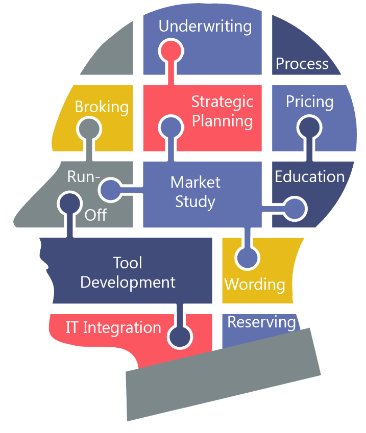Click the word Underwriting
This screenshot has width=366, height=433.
tap(205, 27)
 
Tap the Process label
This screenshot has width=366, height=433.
tap(302, 64)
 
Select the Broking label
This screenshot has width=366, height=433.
tap(102, 107)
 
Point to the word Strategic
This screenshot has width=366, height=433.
tap(222, 101)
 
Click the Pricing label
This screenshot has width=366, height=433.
tap(309, 101)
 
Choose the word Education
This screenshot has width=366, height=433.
tap(310, 176)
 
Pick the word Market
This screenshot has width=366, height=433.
tap(195, 182)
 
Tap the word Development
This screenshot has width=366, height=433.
tap(128, 282)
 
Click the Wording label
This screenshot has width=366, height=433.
tap(255, 284)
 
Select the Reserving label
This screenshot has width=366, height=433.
tap(261, 322)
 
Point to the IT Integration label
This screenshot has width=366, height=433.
tap(113, 327)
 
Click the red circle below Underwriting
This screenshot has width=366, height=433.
tap(170, 52)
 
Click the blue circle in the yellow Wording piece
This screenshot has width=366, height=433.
tap(248, 258)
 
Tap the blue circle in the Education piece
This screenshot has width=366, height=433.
tap(295, 208)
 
